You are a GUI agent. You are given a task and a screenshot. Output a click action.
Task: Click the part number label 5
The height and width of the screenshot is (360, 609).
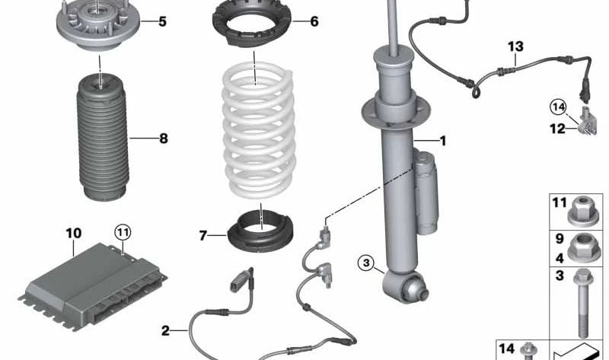click(x=162, y=21)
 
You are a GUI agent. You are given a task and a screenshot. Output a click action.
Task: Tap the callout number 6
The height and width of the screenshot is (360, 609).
click(x=314, y=21)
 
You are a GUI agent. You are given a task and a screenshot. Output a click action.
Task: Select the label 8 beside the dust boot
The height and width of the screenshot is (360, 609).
click(x=163, y=139)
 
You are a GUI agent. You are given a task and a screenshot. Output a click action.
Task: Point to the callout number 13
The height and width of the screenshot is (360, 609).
click(x=517, y=47)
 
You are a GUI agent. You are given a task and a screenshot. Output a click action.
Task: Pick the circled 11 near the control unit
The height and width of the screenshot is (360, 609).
click(x=123, y=229)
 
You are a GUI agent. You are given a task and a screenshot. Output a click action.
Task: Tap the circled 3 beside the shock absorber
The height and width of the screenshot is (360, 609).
click(x=367, y=264)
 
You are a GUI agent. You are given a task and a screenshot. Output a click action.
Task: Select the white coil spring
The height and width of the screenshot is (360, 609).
click(x=259, y=129)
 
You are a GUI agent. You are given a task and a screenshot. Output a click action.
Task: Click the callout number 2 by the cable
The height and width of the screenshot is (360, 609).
click(x=166, y=330)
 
